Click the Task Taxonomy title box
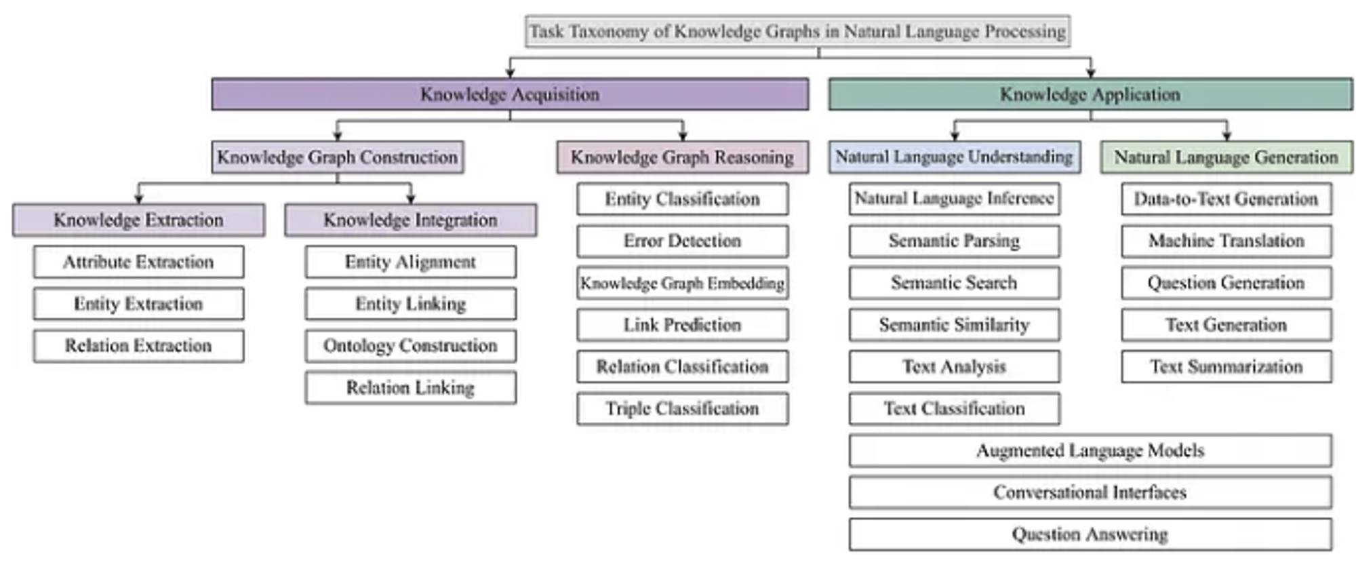coord(797,31)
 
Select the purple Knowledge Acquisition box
coord(510,94)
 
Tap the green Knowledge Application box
coord(1090,94)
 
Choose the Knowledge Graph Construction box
coord(338,157)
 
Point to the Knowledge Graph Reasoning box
coord(682,157)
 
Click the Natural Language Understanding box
coord(954,157)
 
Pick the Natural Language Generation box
coord(1227,157)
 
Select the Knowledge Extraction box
coord(138,220)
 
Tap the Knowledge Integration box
coord(410,220)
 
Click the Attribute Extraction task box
coord(138,262)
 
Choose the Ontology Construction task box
coord(410,346)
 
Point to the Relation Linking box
coord(410,387)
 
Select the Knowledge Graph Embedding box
coord(682,283)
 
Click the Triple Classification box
coord(682,408)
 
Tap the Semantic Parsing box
coord(954,241)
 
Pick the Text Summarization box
coord(1227,366)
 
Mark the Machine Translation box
coord(1227,241)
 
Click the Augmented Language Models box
coord(1090,450)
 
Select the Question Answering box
coord(1090,534)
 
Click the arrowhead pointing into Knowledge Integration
coord(410,199)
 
